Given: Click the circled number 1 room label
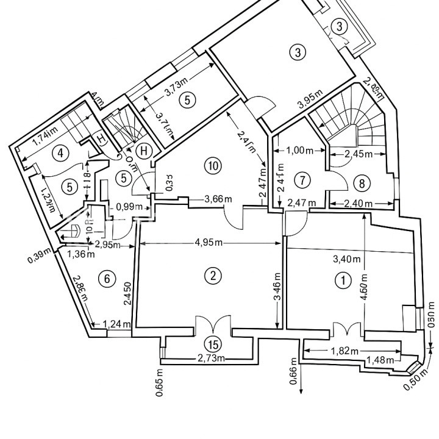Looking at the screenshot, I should pyautogui.click(x=344, y=280).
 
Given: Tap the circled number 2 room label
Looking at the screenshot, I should pyautogui.click(x=212, y=276).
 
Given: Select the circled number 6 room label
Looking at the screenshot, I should pyautogui.click(x=107, y=279).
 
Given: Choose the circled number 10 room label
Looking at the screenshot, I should pyautogui.click(x=212, y=166).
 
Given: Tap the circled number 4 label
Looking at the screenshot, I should pyautogui.click(x=59, y=153).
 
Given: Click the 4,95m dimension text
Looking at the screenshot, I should pyautogui.click(x=209, y=243).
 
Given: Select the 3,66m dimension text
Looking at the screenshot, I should pyautogui.click(x=218, y=199).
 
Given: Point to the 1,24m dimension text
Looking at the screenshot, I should pyautogui.click(x=117, y=324).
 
